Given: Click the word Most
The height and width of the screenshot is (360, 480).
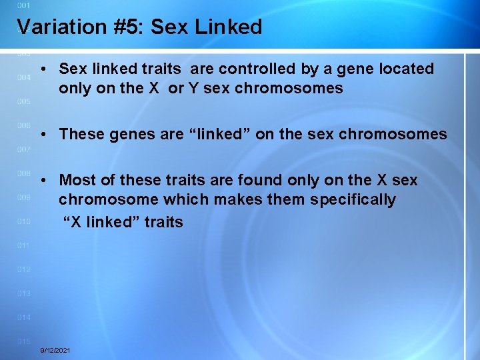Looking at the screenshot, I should point(75,180).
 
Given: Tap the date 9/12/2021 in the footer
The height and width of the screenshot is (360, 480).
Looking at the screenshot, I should point(56,350).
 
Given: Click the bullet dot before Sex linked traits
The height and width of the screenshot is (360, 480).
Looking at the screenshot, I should point(43,69).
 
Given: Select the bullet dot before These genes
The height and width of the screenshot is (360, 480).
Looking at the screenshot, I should point(43,135).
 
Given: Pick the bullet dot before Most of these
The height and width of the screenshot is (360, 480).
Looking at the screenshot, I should point(43,181).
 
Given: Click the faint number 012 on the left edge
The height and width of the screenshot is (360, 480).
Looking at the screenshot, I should point(24,269).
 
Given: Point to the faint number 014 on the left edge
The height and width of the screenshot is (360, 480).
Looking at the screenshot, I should point(24,317).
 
